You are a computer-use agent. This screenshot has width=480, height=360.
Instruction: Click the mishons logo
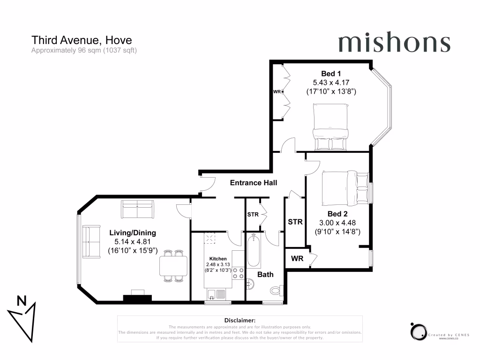coord(394,43)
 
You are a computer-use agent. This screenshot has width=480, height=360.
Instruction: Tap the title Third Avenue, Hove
coord(81,40)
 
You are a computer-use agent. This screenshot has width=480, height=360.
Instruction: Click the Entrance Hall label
coord(254,183)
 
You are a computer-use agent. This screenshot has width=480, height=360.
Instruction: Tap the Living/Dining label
coord(133,232)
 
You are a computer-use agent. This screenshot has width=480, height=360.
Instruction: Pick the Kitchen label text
coord(218,259)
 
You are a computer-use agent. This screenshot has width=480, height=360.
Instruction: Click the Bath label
coord(264,274)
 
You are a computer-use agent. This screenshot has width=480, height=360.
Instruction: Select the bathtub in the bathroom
coord(253,251)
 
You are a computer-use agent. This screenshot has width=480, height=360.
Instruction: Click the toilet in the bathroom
coord(277,290)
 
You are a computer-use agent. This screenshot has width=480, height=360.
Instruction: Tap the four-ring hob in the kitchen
coord(238,273)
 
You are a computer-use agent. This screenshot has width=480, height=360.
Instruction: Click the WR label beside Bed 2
coord(297,258)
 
